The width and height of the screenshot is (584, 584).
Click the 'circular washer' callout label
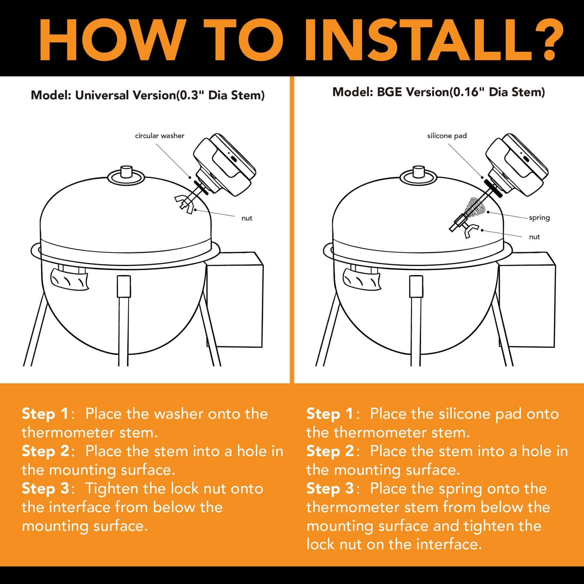pos(160,136)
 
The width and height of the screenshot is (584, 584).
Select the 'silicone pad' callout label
pos(447,136)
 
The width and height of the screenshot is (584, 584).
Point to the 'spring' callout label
pos(539,218)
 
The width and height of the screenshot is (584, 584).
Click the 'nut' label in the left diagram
pos(247,218)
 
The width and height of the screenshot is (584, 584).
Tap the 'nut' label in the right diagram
pos(534,237)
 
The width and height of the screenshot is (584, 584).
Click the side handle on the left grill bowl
pos(69,279)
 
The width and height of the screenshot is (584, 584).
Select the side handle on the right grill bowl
pos(361,279)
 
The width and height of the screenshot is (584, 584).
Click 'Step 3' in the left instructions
pos(46,489)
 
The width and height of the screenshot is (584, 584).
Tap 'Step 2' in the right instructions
pos(330,451)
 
